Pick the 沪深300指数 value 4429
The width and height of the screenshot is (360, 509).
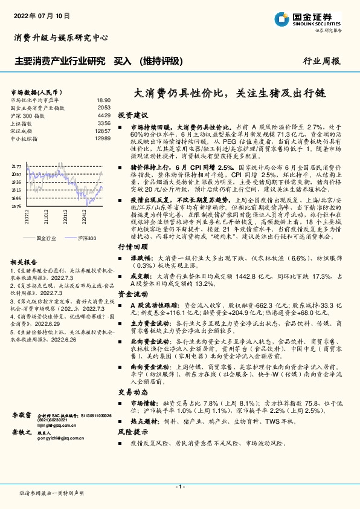pos(104,115)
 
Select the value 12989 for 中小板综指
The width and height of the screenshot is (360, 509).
pos(103,138)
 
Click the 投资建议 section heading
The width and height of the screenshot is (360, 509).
pos(132,115)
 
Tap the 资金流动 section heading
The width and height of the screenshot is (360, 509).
pos(132,293)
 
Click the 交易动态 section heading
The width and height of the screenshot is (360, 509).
pos(132,392)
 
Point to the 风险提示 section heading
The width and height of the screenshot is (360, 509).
pos(132,432)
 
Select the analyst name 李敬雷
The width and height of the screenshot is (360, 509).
pos(22,417)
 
